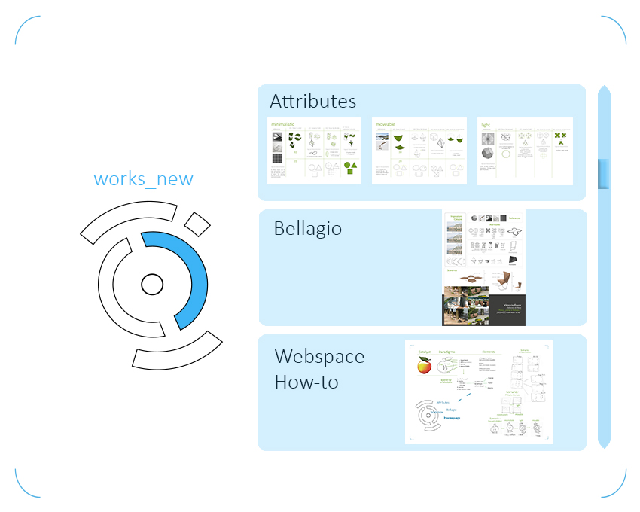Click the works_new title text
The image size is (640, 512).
[143, 179]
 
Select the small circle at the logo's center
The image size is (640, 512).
[152, 285]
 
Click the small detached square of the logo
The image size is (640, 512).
[197, 224]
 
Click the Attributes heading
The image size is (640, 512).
[313, 102]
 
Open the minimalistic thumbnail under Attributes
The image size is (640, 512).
[314, 151]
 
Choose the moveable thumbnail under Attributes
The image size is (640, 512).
[419, 151]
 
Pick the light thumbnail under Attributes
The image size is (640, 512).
[525, 151]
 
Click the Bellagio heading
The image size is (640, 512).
[307, 228]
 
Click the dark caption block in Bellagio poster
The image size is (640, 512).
[504, 309]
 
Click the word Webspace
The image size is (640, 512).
[319, 356]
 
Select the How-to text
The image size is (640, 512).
[306, 382]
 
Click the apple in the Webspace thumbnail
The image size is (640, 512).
[424, 366]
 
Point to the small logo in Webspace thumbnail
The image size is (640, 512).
[425, 416]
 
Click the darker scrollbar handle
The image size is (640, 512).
[604, 174]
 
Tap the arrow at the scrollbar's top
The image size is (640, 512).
[604, 91]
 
